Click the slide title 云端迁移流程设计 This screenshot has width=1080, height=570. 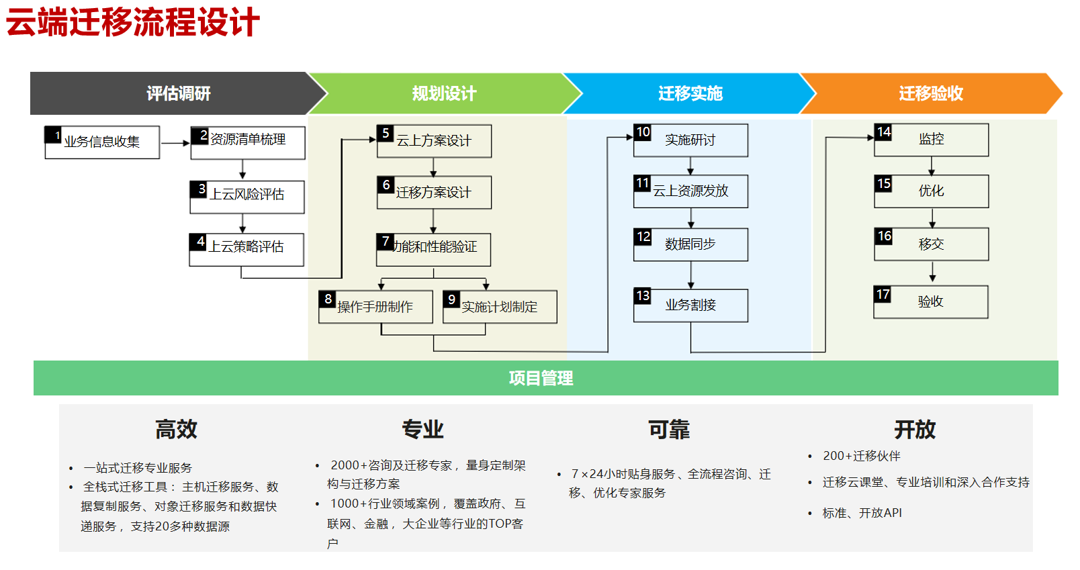[x=132, y=23]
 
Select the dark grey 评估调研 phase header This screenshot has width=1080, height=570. [x=178, y=93]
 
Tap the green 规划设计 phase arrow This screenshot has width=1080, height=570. [x=444, y=93]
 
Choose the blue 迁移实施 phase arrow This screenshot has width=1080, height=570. [x=690, y=93]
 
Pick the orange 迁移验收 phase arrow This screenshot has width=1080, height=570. [x=931, y=93]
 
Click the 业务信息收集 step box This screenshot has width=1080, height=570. [x=102, y=142]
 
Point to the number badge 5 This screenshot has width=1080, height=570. [x=386, y=133]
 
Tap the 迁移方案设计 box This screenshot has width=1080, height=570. [x=434, y=193]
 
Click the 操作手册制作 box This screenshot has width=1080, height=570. [x=375, y=307]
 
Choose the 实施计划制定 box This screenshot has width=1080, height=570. [x=500, y=307]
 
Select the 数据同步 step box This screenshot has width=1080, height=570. [x=690, y=244]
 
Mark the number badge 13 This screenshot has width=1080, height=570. [x=643, y=295]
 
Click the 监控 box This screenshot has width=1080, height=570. [x=932, y=140]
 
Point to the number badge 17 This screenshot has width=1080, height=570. [x=883, y=294]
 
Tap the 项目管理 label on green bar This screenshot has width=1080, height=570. [x=541, y=378]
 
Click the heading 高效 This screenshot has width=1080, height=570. [x=176, y=429]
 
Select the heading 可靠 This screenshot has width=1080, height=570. [x=668, y=430]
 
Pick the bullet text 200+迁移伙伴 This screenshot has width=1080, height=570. [x=861, y=456]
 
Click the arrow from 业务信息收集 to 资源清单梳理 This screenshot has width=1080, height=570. [x=175, y=143]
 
